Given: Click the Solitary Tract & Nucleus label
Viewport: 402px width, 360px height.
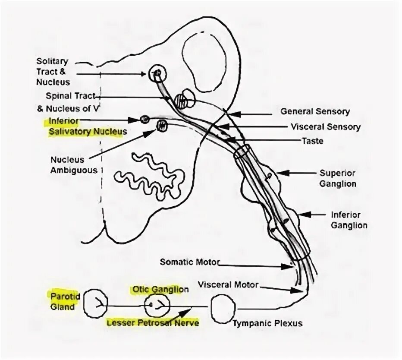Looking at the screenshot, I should (52, 72).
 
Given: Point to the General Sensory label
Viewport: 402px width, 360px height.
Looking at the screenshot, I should (315, 111).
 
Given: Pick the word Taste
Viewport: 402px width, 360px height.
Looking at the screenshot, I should (313, 141).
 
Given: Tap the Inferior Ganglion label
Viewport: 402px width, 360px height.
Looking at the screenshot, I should (349, 220).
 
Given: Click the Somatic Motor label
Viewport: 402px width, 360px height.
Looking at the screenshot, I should (190, 262).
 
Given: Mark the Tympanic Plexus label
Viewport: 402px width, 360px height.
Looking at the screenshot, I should (268, 323).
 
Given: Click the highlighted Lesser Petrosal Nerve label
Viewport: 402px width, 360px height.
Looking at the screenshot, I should (153, 322).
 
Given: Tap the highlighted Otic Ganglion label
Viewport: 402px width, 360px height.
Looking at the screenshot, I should (160, 289).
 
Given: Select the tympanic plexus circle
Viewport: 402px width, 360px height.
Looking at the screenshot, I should (224, 306).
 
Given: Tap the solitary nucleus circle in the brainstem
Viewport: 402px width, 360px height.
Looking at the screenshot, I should (157, 74).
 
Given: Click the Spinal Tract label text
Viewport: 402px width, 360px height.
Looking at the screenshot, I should (70, 95).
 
